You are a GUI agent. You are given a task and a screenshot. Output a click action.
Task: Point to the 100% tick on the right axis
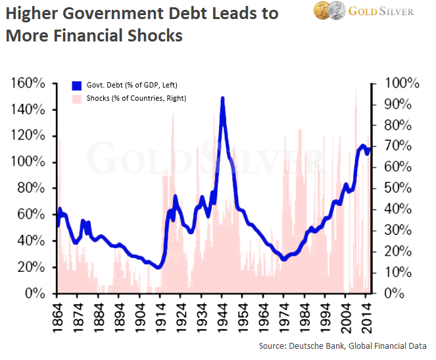click(402, 84)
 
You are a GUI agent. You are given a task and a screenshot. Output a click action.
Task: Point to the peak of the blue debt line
click(222, 99)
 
